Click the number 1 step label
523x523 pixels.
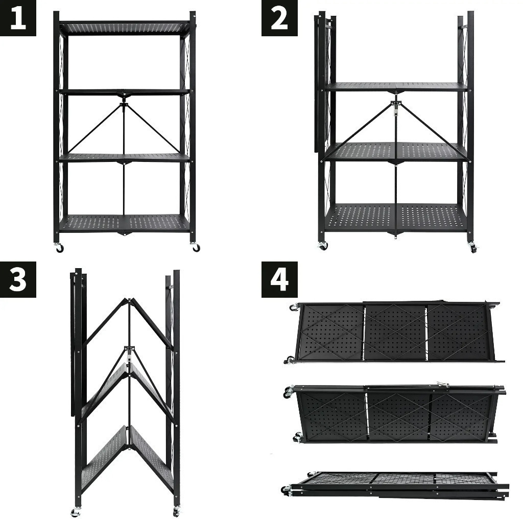point(18,18)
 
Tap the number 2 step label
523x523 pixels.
point(279,18)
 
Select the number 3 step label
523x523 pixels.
point(18,279)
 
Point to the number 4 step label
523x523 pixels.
point(279,279)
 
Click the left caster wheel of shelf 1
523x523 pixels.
point(59,248)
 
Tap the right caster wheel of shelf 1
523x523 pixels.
point(196,248)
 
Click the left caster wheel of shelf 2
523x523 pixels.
point(323,246)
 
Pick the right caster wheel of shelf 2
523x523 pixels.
point(473,248)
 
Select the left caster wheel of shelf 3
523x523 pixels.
point(76,512)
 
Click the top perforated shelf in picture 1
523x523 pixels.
point(125,29)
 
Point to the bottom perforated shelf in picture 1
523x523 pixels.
point(125,223)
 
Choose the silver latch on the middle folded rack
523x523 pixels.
point(444,385)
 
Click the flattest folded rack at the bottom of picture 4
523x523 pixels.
point(395,485)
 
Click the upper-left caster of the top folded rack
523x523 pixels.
point(293,307)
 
